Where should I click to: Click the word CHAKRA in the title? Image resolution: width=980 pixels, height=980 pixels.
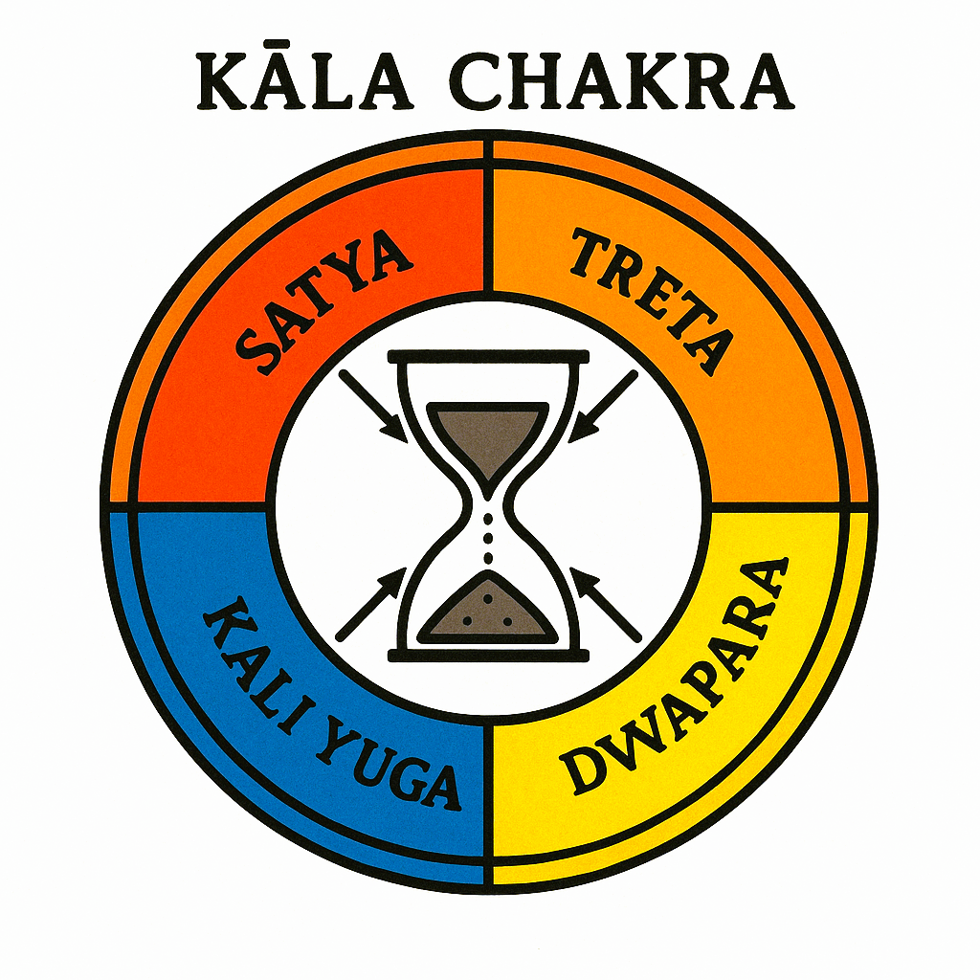(x=621, y=84)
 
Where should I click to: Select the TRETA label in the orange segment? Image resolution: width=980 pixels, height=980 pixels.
(x=651, y=301)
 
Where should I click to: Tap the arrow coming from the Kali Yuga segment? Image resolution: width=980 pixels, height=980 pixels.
(x=371, y=603)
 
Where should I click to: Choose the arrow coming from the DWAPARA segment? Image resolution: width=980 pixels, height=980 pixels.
(x=605, y=603)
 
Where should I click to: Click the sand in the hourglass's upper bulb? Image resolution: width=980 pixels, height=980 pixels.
(x=488, y=435)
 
